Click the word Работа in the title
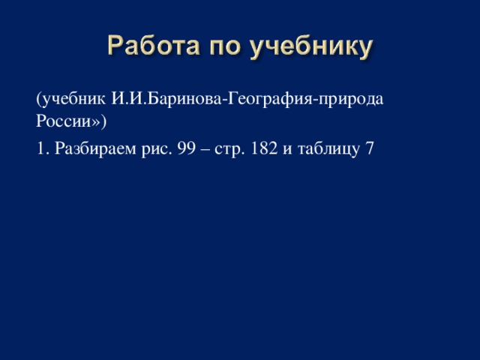pos(154,45)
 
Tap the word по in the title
pos(225,48)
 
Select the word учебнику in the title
pos(311,46)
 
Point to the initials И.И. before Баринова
pos(129,98)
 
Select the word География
pos(269,99)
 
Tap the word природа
pos(350,100)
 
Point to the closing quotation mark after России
pos(97,122)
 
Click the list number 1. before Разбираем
pos(43,148)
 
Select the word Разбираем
pos(95,149)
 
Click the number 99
pos(186,148)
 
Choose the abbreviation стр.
pos(229,151)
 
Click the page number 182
pos(264,148)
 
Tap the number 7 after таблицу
pos(370,148)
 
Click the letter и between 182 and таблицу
pos(287,151)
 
